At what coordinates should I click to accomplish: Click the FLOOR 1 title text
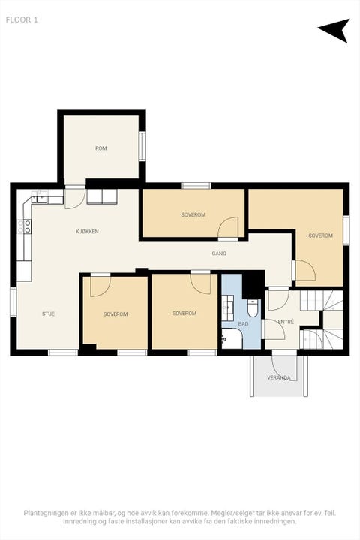coord(22,20)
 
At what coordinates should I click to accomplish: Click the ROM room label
coord(101,148)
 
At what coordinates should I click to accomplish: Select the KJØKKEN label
coord(87,232)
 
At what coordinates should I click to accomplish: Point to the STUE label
coord(48,313)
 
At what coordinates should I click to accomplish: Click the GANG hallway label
coord(219,253)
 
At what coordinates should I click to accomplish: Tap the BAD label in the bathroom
coord(243,324)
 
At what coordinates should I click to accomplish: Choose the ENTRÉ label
coord(286,322)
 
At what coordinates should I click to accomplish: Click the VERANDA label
coord(279,378)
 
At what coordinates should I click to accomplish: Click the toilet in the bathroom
coord(253,308)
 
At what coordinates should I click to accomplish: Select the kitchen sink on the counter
coord(40,198)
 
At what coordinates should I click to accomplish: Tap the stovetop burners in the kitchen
coord(27,226)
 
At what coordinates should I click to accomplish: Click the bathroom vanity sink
coord(228,305)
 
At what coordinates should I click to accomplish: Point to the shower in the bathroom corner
coord(232,338)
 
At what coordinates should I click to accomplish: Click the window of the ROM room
coord(142,146)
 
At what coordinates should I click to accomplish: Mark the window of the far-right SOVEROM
coord(346,230)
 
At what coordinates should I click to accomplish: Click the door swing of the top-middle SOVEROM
coord(229,227)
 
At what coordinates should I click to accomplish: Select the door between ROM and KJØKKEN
coord(75,197)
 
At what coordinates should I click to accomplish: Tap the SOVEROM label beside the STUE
coord(115,314)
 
